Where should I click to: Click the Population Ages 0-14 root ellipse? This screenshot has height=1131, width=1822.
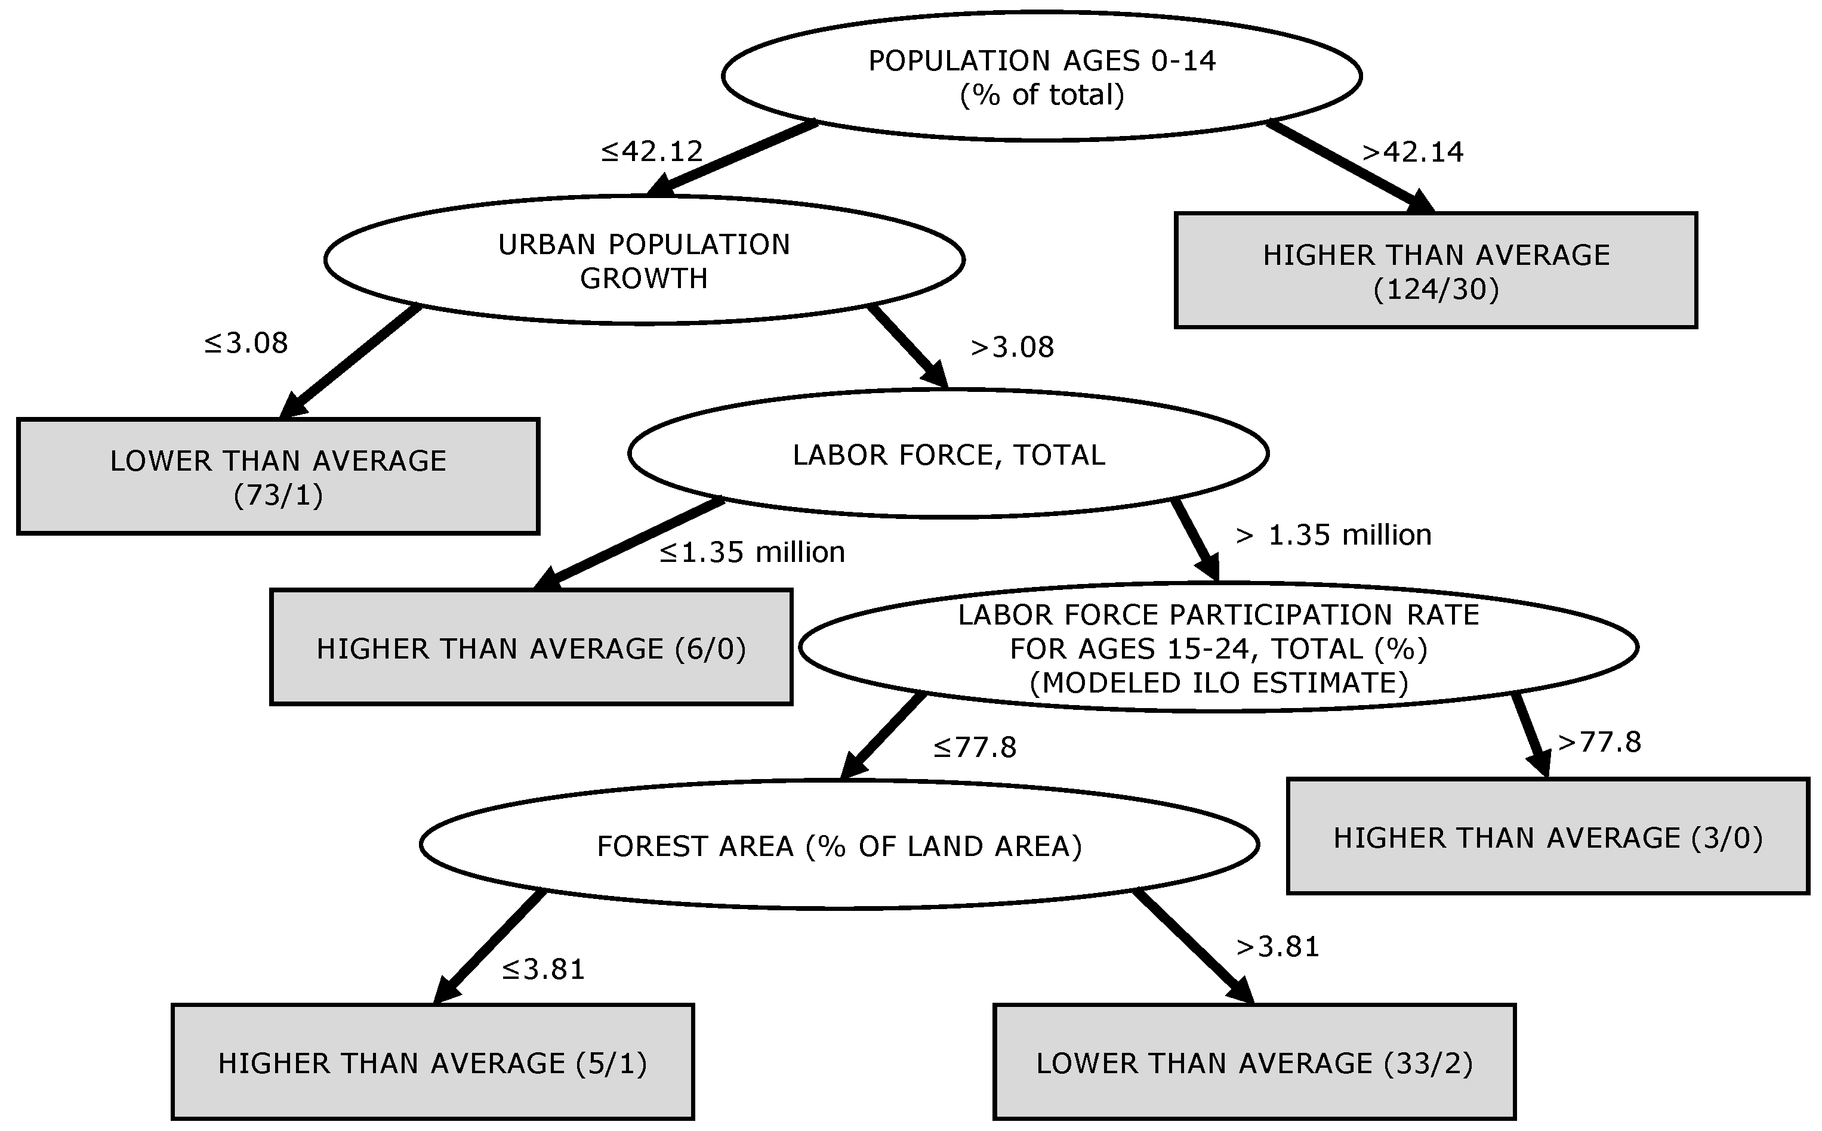(x=1041, y=76)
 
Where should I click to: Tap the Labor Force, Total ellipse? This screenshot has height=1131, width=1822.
(x=948, y=454)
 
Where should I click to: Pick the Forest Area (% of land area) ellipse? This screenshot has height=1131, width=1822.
(x=839, y=845)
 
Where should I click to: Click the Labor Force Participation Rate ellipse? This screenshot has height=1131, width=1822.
(x=1218, y=648)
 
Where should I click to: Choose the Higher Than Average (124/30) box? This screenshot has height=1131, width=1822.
(x=1435, y=271)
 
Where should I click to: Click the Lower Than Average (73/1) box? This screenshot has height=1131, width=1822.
(x=278, y=477)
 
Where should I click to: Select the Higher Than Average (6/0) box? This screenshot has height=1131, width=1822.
(x=531, y=648)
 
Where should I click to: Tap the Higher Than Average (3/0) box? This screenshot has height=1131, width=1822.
(x=1547, y=837)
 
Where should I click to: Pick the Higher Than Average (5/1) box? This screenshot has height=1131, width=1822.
(x=433, y=1062)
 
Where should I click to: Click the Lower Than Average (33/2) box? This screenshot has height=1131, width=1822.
(x=1254, y=1062)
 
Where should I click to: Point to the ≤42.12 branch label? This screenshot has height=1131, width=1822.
(x=652, y=152)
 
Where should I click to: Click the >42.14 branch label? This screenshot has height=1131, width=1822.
(x=1412, y=153)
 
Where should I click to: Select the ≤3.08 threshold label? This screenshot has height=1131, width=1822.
(x=246, y=344)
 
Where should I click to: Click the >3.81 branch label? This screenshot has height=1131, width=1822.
(x=1277, y=947)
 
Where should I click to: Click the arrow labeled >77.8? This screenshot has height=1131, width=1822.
(x=1530, y=734)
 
